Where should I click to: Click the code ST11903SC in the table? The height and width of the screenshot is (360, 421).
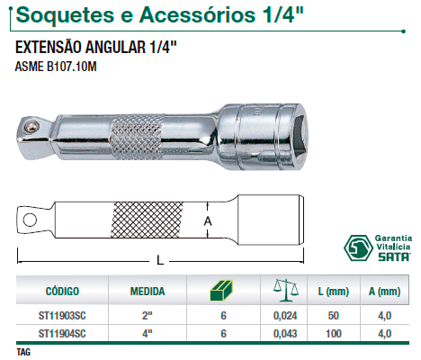click(62, 316)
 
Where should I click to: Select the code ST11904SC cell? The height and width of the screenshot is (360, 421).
click(62, 334)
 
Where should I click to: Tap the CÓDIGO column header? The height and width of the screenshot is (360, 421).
click(62, 291)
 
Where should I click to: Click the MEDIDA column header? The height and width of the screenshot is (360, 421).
click(148, 291)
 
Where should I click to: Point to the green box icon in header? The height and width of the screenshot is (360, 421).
click(222, 291)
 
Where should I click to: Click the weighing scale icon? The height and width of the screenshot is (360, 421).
click(286, 290)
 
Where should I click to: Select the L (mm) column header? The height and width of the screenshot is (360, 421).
click(334, 292)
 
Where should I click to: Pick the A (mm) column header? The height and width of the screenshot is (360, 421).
click(385, 292)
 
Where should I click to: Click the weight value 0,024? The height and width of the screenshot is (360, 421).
click(285, 316)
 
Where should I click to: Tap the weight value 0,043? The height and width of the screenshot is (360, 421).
click(285, 334)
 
